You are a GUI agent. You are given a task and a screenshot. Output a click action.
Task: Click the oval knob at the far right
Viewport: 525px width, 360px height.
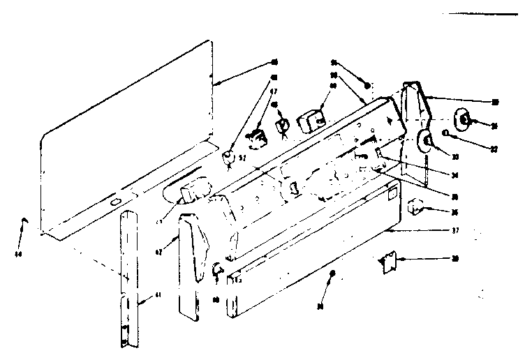(463, 120)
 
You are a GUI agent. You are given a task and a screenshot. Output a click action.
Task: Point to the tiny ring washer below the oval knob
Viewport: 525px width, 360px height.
(445, 133)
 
